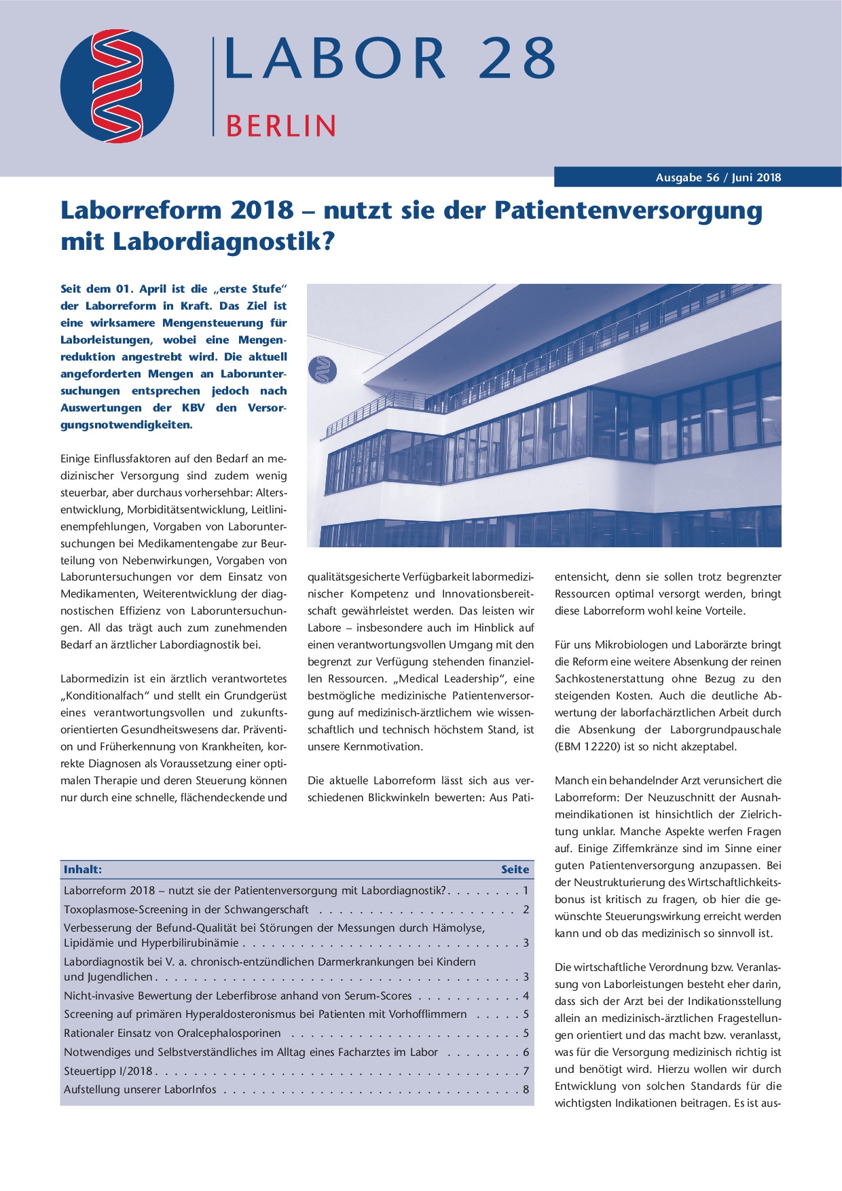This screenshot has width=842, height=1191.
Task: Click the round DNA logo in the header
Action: click(x=117, y=86)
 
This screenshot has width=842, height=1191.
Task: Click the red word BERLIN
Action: click(x=280, y=126)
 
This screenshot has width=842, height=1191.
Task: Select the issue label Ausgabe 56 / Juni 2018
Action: click(x=718, y=178)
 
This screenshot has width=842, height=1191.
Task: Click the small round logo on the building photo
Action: click(x=323, y=370)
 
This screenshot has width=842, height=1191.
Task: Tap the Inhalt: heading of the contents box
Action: click(x=83, y=869)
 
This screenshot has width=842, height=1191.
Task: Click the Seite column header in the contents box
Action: click(x=515, y=869)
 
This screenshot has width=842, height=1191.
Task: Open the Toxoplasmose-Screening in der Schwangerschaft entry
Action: click(x=186, y=909)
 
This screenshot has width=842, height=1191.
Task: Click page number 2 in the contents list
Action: click(x=526, y=909)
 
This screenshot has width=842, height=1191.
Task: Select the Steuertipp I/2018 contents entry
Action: click(x=108, y=1071)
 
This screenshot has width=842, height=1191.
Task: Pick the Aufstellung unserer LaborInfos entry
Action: click(x=140, y=1089)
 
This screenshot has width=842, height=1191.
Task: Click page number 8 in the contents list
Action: click(x=526, y=1089)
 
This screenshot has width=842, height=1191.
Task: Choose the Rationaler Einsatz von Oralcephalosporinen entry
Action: click(x=172, y=1033)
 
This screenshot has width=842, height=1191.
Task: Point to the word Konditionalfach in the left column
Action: click(x=106, y=696)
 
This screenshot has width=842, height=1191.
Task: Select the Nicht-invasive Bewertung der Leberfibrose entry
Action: click(x=238, y=995)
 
